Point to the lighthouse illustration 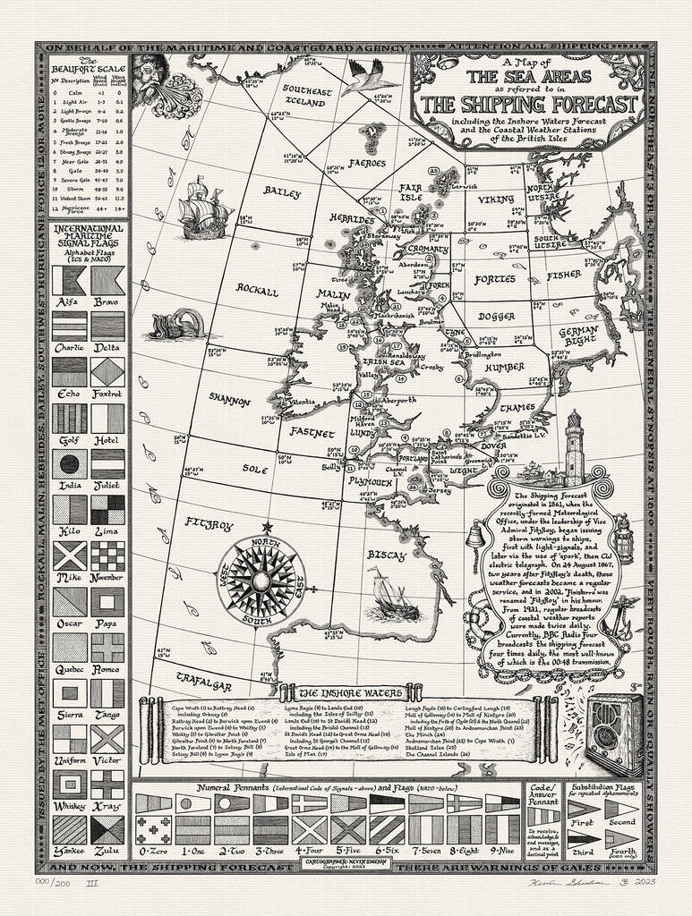click(x=574, y=448)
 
